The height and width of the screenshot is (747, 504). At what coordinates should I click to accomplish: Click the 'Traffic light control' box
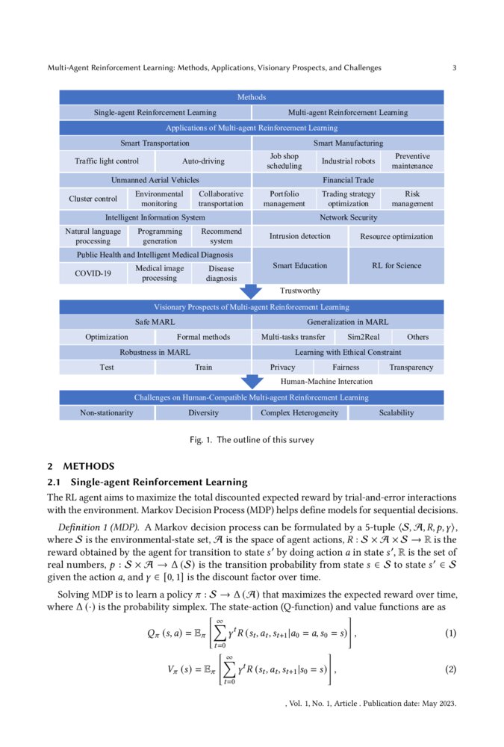click(x=107, y=161)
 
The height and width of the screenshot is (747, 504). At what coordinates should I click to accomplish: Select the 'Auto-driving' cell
click(x=203, y=161)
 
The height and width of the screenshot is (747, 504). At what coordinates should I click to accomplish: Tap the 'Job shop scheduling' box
click(x=284, y=161)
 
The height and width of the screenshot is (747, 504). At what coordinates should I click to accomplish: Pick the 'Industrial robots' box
click(x=348, y=161)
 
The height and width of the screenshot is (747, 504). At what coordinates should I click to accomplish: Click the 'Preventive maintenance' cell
click(x=412, y=161)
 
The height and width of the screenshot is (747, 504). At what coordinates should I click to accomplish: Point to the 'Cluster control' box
click(x=93, y=199)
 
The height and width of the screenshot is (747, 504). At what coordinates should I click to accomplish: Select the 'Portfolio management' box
click(x=284, y=199)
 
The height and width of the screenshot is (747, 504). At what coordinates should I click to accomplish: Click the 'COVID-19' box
click(x=93, y=273)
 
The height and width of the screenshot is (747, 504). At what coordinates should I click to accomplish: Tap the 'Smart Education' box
click(x=300, y=265)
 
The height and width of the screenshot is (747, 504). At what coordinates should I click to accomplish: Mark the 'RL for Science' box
click(x=396, y=265)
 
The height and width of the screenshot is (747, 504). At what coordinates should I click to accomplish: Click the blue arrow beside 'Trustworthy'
click(x=252, y=291)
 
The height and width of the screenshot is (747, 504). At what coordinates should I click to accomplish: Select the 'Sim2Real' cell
click(x=364, y=337)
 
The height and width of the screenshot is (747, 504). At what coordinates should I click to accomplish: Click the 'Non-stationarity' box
click(x=107, y=412)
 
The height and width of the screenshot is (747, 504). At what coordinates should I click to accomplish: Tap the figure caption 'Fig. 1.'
click(x=202, y=440)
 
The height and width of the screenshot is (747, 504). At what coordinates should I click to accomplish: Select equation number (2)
click(x=450, y=669)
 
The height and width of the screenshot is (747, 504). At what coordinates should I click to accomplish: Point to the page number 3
click(x=454, y=68)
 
